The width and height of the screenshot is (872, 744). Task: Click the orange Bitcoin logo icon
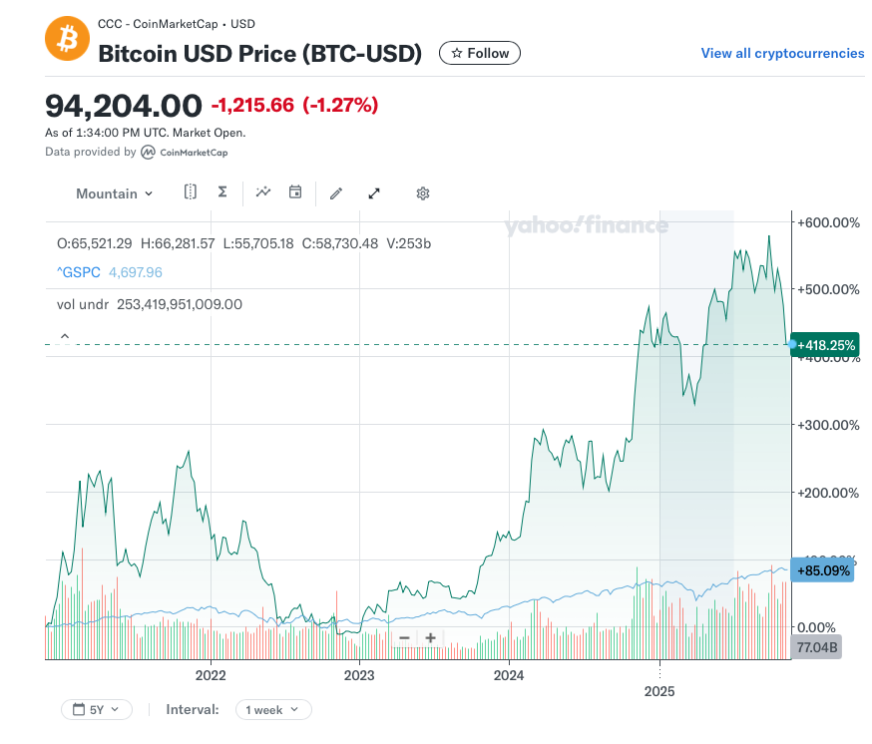[x=68, y=39]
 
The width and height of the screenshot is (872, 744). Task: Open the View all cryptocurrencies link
[x=782, y=53]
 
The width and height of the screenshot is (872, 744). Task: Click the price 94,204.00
[x=123, y=104]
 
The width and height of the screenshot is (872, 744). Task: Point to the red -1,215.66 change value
[x=252, y=105]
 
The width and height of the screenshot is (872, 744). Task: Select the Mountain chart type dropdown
[x=114, y=193]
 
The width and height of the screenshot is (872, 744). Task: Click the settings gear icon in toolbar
[x=423, y=193]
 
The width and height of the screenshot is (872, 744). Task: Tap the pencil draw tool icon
[x=336, y=193]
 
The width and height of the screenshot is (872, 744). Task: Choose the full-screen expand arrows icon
[x=374, y=193]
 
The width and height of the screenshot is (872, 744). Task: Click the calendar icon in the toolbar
[x=295, y=192]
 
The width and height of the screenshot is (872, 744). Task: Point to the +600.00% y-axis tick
[x=827, y=221]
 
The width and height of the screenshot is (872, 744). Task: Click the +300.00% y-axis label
[x=827, y=424]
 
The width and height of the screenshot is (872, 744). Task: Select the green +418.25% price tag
[x=826, y=344]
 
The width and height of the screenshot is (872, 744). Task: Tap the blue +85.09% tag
[x=824, y=571]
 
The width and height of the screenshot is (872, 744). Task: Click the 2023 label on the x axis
[x=359, y=674]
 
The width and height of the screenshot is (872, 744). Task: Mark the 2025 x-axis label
[x=659, y=690]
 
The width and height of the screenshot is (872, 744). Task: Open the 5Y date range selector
[x=96, y=710]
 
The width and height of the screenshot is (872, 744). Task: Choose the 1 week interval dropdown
[x=272, y=710]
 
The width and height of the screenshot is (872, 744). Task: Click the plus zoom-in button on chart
[x=430, y=638]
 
